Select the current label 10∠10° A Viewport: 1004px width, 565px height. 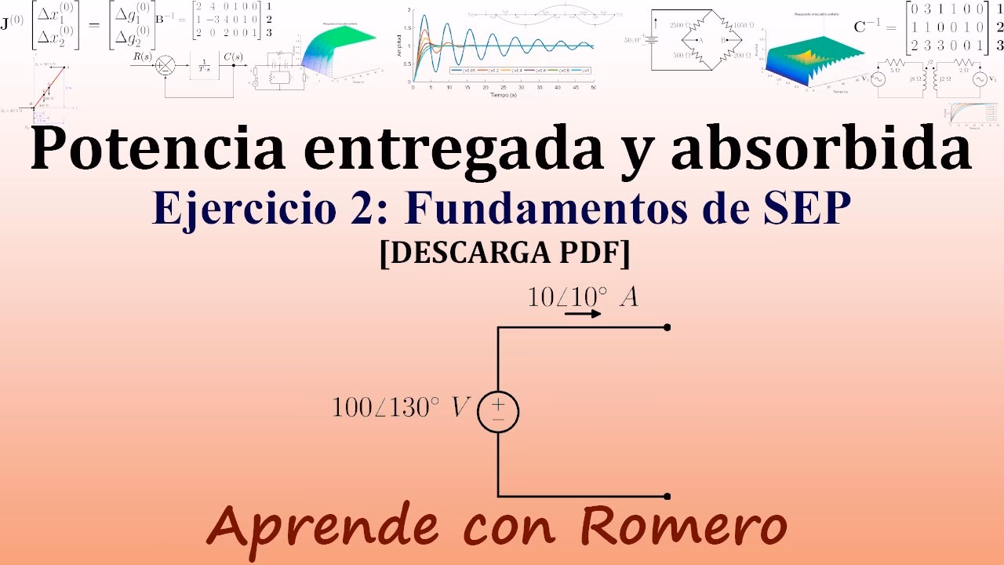582,297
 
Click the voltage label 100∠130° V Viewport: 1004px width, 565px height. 401,407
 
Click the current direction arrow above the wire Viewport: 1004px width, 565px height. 583,314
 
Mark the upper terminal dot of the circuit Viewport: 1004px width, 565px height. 667,327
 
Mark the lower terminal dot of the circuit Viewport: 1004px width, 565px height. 667,496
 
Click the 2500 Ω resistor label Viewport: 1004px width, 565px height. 683,26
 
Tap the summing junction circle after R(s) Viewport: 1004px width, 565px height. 166,66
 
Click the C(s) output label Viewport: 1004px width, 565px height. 233,56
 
